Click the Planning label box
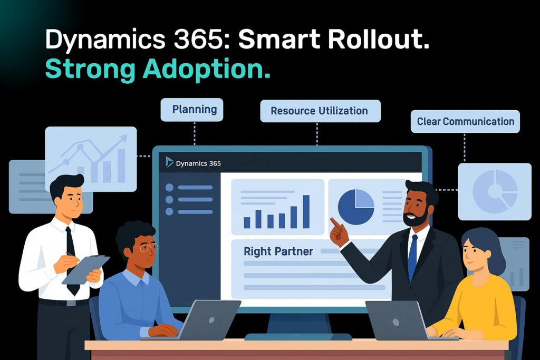click(195, 110)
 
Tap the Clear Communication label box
click(465, 121)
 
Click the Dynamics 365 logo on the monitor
click(169, 162)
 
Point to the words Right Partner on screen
click(278, 251)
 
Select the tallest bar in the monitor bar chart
click(306, 211)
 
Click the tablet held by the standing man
click(84, 269)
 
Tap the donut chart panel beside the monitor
click(494, 191)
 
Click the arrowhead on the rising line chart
click(124, 138)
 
